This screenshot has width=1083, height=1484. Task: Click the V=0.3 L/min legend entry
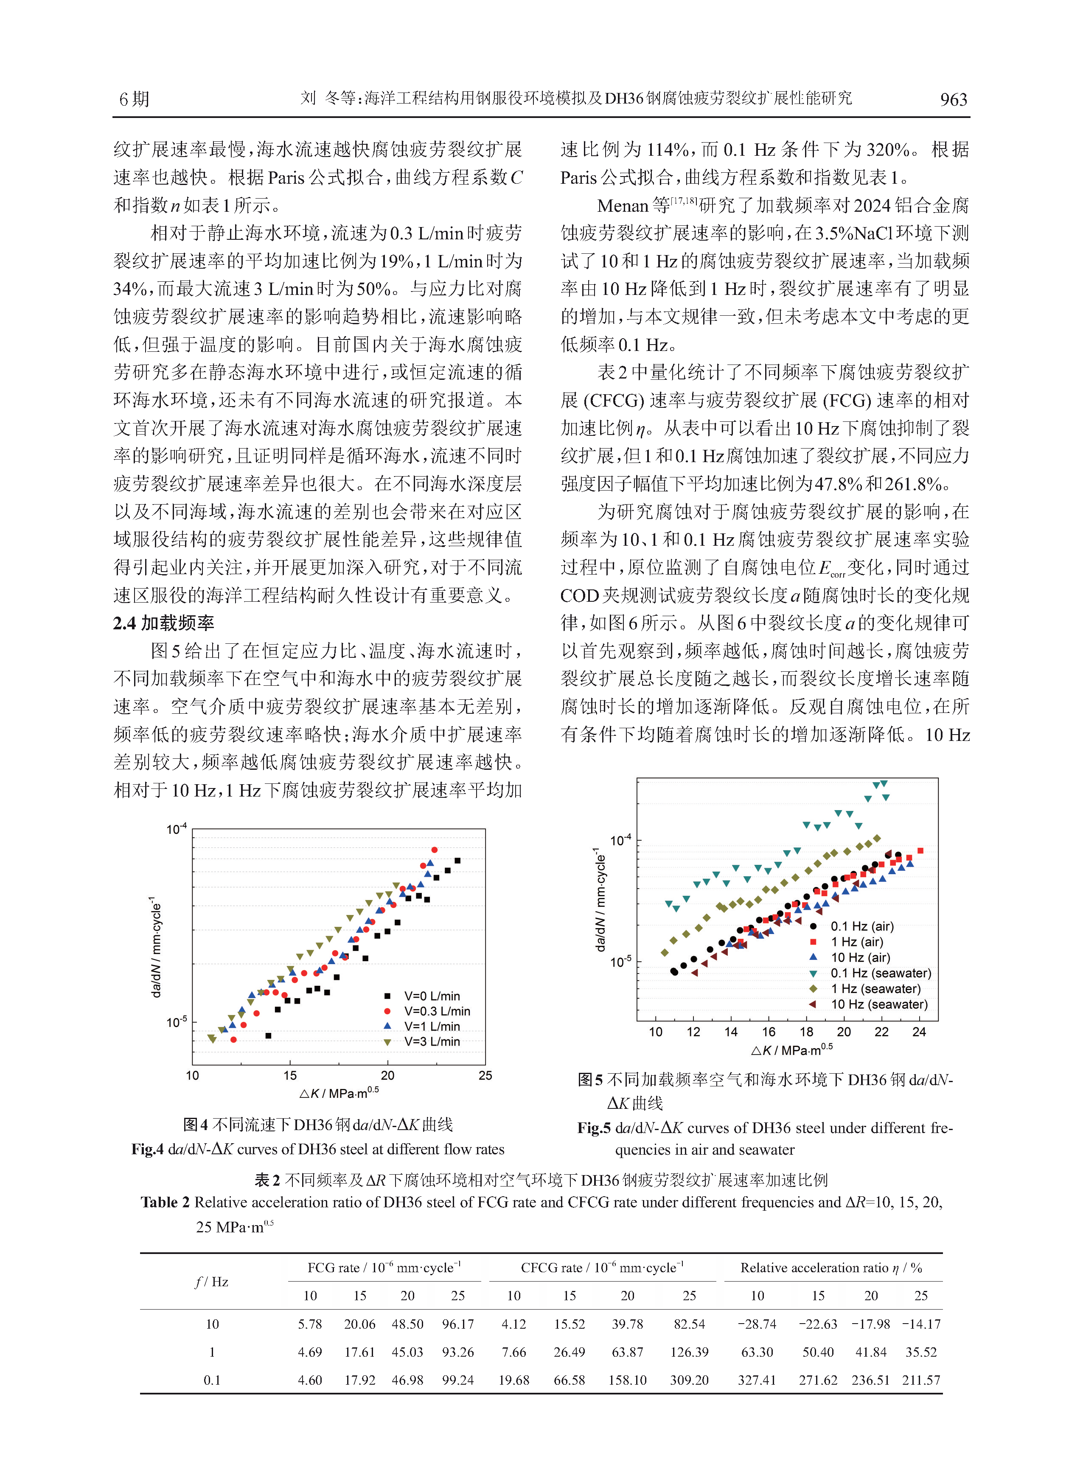427,1011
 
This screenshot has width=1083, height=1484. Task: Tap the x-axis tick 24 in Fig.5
919,1032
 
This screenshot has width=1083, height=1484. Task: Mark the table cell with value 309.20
689,1380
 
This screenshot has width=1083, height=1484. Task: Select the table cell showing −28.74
757,1324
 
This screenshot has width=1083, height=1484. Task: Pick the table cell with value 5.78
310,1324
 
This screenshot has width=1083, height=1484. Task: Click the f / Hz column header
212,1282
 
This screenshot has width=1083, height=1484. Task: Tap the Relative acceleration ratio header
831,1268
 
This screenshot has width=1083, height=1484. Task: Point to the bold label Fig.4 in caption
148,1149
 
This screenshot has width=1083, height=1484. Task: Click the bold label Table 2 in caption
165,1202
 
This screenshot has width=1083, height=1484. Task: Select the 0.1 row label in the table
212,1380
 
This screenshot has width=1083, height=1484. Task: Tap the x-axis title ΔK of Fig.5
791,1050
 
